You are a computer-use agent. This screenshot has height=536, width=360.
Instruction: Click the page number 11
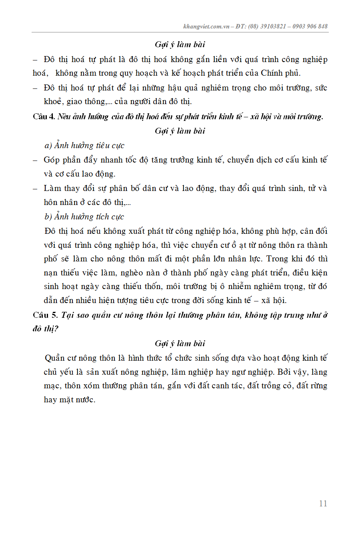pos(323,504)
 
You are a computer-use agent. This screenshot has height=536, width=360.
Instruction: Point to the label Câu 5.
pos(46,315)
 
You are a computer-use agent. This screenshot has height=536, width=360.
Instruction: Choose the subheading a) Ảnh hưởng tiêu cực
pos(84,145)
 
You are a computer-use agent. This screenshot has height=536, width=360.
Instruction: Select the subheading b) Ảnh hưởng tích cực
pos(84,217)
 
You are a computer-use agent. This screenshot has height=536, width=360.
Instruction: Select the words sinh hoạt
pos(61,287)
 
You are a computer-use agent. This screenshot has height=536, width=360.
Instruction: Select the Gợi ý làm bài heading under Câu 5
pos(180,343)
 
